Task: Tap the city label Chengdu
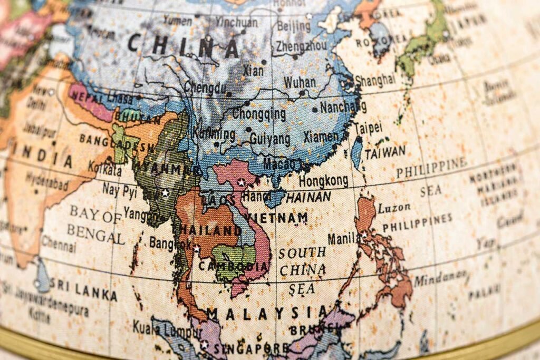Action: point(205,87)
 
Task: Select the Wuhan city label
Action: point(300,82)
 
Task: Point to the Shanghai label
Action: point(374,80)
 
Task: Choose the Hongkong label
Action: point(323,181)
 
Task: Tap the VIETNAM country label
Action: point(277,218)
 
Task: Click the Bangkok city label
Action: point(170,244)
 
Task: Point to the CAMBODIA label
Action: point(234,266)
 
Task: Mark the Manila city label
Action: point(343,238)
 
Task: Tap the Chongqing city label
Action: point(259,113)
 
